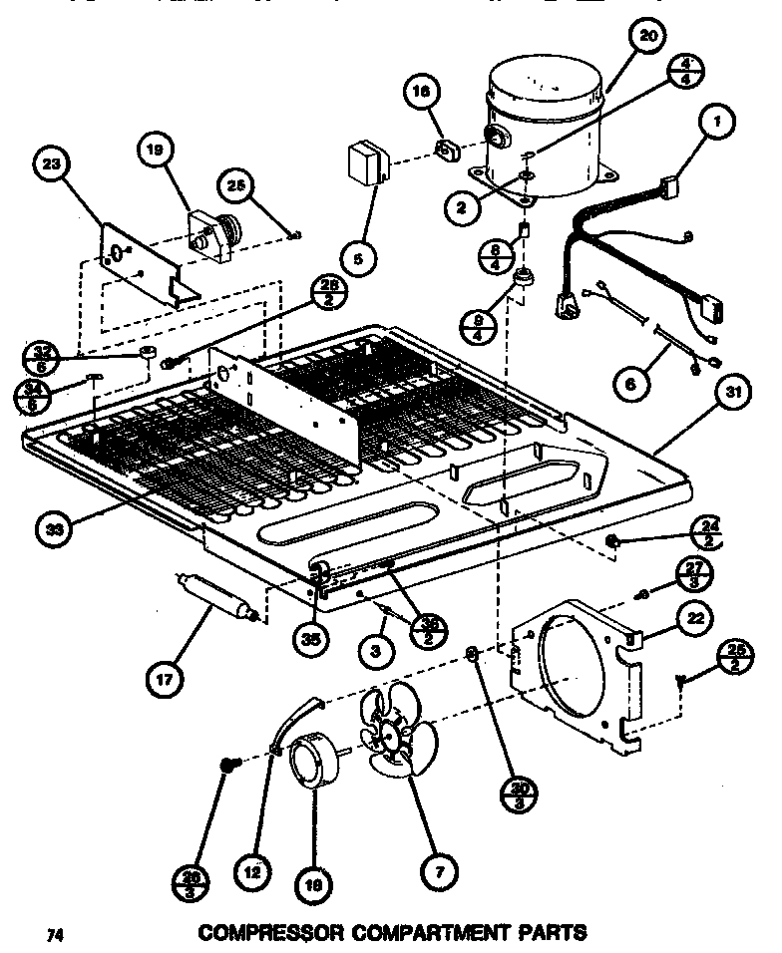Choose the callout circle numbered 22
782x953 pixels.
click(695, 619)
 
